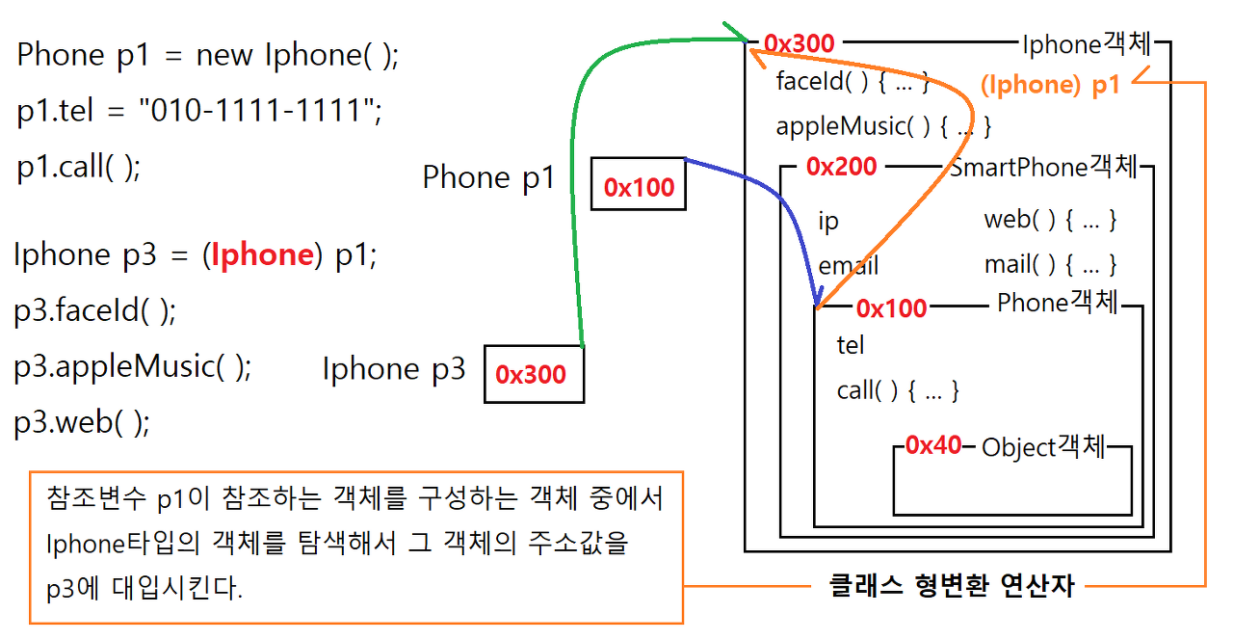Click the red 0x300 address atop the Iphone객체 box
click(x=799, y=43)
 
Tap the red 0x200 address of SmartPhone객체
click(x=841, y=167)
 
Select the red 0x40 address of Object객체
click(x=933, y=445)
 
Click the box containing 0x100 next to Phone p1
click(x=639, y=185)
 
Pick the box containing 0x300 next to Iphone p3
click(x=533, y=374)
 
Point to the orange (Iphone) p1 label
click(x=1050, y=85)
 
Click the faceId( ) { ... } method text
click(x=852, y=82)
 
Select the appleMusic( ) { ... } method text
click(x=883, y=126)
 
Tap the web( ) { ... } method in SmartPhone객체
click(x=1050, y=220)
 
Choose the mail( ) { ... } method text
click(x=1050, y=264)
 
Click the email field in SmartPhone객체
click(x=848, y=266)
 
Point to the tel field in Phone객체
click(x=851, y=345)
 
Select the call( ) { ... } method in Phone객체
click(x=898, y=390)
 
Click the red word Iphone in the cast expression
click(x=262, y=254)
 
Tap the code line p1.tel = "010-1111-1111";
click(x=199, y=112)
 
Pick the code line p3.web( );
click(x=82, y=423)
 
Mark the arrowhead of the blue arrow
click(x=818, y=301)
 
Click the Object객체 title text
click(x=1043, y=447)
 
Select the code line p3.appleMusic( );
click(x=132, y=367)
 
